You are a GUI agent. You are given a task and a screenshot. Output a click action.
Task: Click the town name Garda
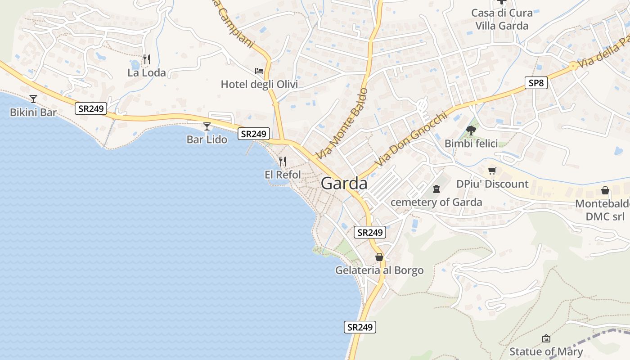coord(344,184)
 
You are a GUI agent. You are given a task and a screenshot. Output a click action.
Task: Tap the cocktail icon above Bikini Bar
coord(33,99)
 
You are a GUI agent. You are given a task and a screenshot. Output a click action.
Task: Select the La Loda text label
coord(147,72)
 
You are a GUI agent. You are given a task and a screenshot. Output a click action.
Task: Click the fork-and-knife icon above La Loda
coord(146,59)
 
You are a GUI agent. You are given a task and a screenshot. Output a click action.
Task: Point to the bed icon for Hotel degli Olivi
coord(259,71)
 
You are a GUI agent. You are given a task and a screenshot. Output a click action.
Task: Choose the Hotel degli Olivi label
coord(259,84)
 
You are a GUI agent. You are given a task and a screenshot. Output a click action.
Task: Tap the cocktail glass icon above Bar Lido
coord(207,126)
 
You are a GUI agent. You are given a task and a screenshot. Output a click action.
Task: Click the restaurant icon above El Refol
coord(283,161)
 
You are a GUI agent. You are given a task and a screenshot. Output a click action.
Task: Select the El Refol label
coord(283,174)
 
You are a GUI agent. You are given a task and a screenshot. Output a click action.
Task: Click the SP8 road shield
coord(536,83)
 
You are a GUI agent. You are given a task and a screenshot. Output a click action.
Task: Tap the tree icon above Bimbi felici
coord(471,130)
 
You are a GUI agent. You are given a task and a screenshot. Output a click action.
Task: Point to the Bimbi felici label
coord(471,144)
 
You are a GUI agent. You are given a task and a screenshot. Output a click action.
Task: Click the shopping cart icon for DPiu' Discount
coord(492,171)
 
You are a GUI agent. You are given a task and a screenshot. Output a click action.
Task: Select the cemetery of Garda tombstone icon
coord(436,189)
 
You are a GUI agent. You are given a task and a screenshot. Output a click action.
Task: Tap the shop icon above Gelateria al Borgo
coord(379,257)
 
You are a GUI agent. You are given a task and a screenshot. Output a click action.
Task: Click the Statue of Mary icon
coord(546,338)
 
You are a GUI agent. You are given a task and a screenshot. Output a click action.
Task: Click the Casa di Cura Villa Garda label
coord(502,19)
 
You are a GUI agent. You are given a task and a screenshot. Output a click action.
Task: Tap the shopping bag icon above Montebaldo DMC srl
coord(605,191)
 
